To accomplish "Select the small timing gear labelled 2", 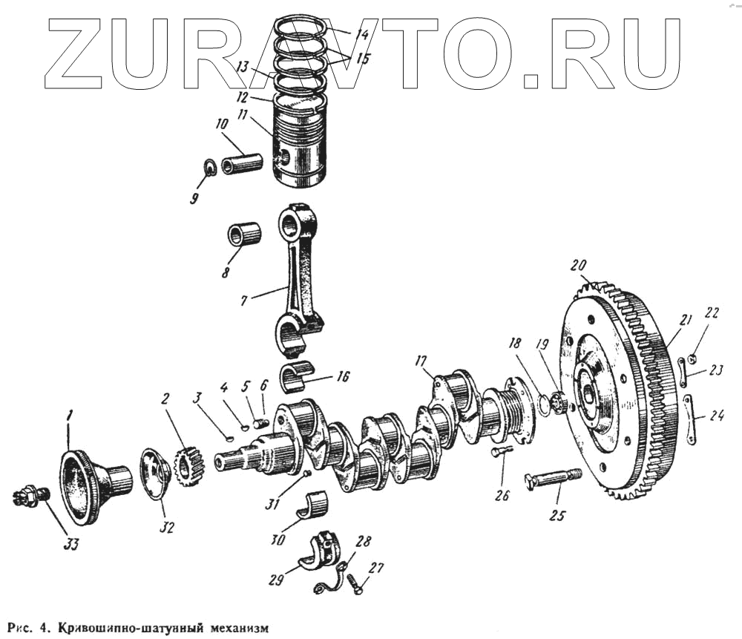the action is pos(188,467).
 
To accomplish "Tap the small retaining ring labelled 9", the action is pos(210,168).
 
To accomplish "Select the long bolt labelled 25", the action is pos(553,478).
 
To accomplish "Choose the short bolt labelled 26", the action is pos(502,452).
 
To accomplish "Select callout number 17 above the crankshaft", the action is pos(421,361).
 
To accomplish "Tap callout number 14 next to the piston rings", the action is pos(361,34).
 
